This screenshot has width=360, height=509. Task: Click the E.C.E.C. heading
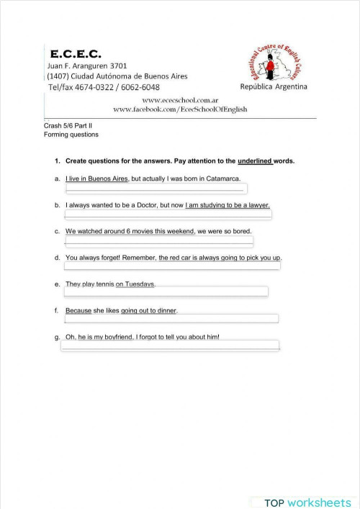point(76,54)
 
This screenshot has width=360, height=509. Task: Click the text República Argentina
point(274,87)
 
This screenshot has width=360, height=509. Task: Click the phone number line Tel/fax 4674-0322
point(103,87)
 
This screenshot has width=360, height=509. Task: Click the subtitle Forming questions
point(71,135)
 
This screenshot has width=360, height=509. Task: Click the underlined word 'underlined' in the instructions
point(254,161)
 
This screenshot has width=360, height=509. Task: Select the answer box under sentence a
point(156,189)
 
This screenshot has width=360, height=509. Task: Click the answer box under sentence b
point(167,215)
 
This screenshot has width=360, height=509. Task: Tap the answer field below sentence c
point(158,240)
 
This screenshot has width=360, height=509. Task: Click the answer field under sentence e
point(166,292)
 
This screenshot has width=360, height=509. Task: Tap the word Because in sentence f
point(78,310)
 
